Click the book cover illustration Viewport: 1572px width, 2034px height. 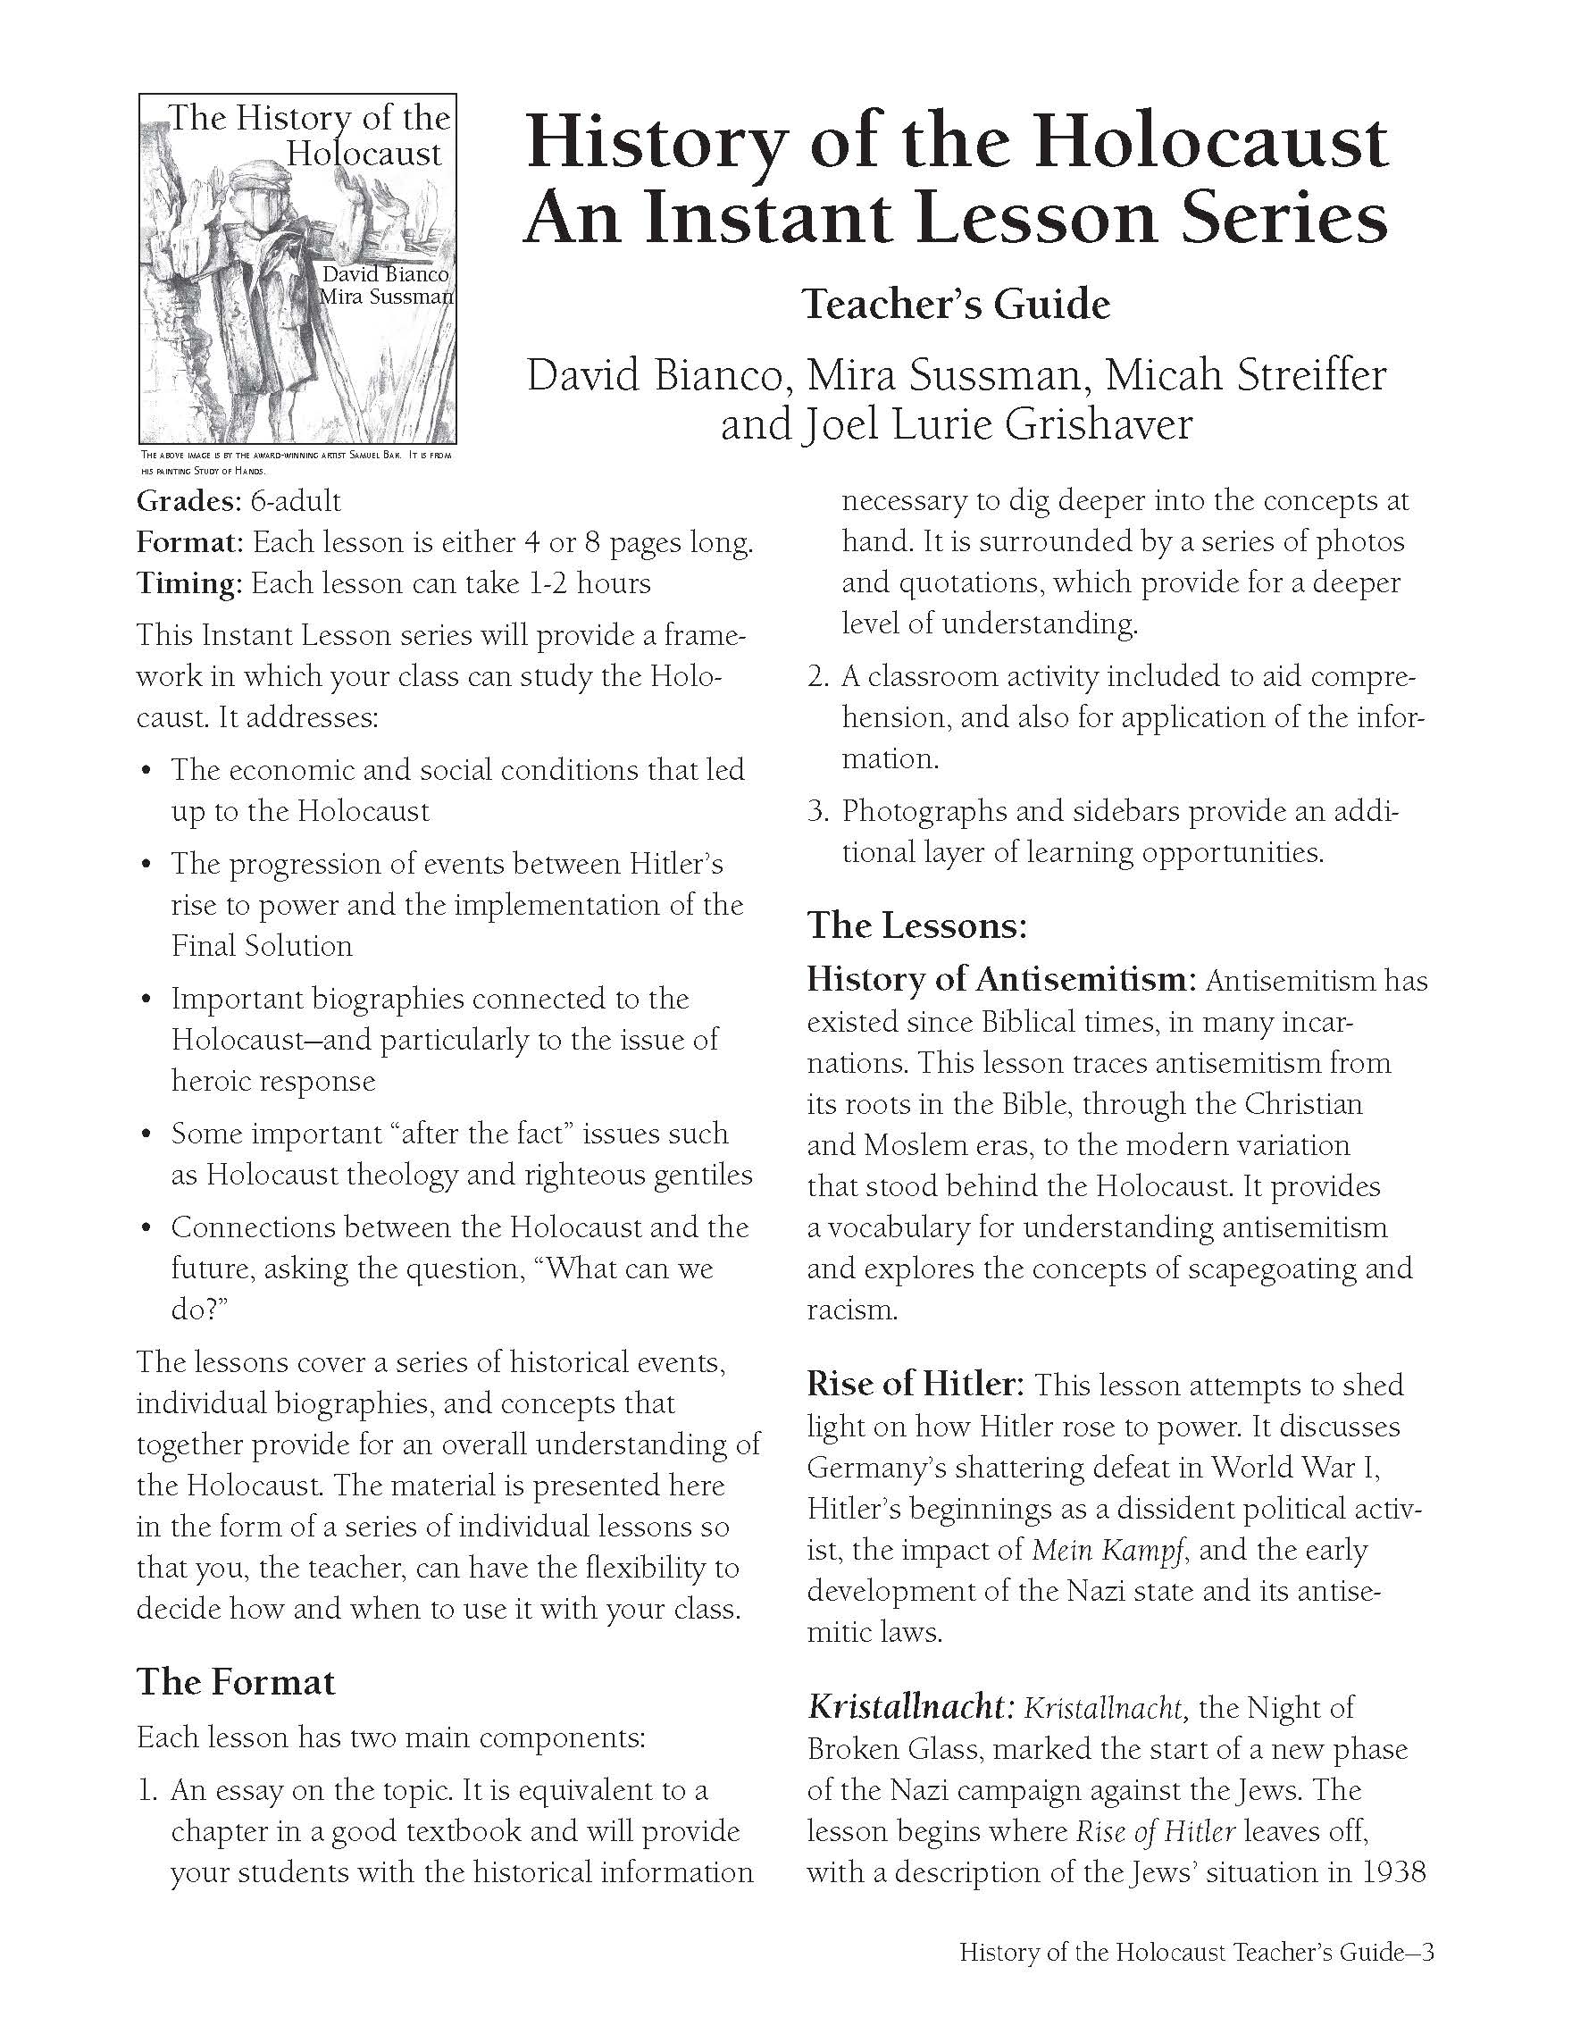point(297,268)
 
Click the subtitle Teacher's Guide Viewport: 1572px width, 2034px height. point(956,305)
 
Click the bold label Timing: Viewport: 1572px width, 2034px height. point(189,584)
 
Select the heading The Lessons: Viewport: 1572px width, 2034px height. point(916,925)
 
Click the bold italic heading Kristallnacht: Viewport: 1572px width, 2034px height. point(909,1707)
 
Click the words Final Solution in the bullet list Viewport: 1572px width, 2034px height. point(262,946)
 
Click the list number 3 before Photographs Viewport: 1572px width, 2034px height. point(816,811)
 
